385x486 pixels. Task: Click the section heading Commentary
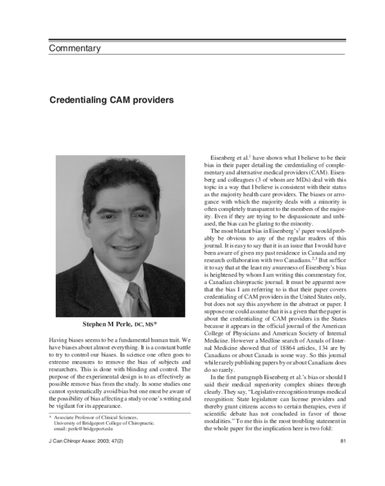(74, 48)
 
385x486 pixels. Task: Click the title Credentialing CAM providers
(111, 100)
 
